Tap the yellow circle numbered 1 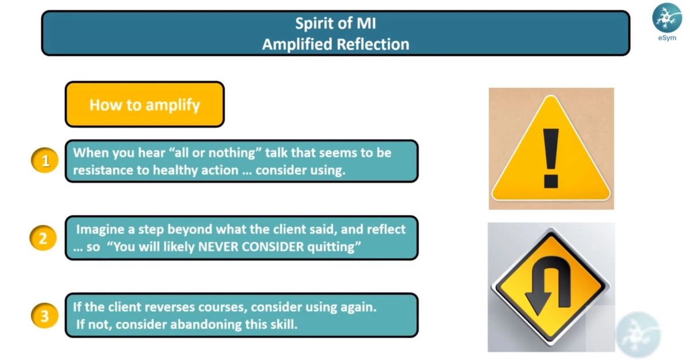pos(45,160)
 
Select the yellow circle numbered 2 pos(43,238)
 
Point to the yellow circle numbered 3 pos(45,315)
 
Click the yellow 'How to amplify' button pos(145,104)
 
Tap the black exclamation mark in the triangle pos(551,158)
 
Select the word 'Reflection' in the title pos(373,44)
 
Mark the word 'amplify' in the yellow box pos(173,105)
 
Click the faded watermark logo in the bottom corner pos(638,335)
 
